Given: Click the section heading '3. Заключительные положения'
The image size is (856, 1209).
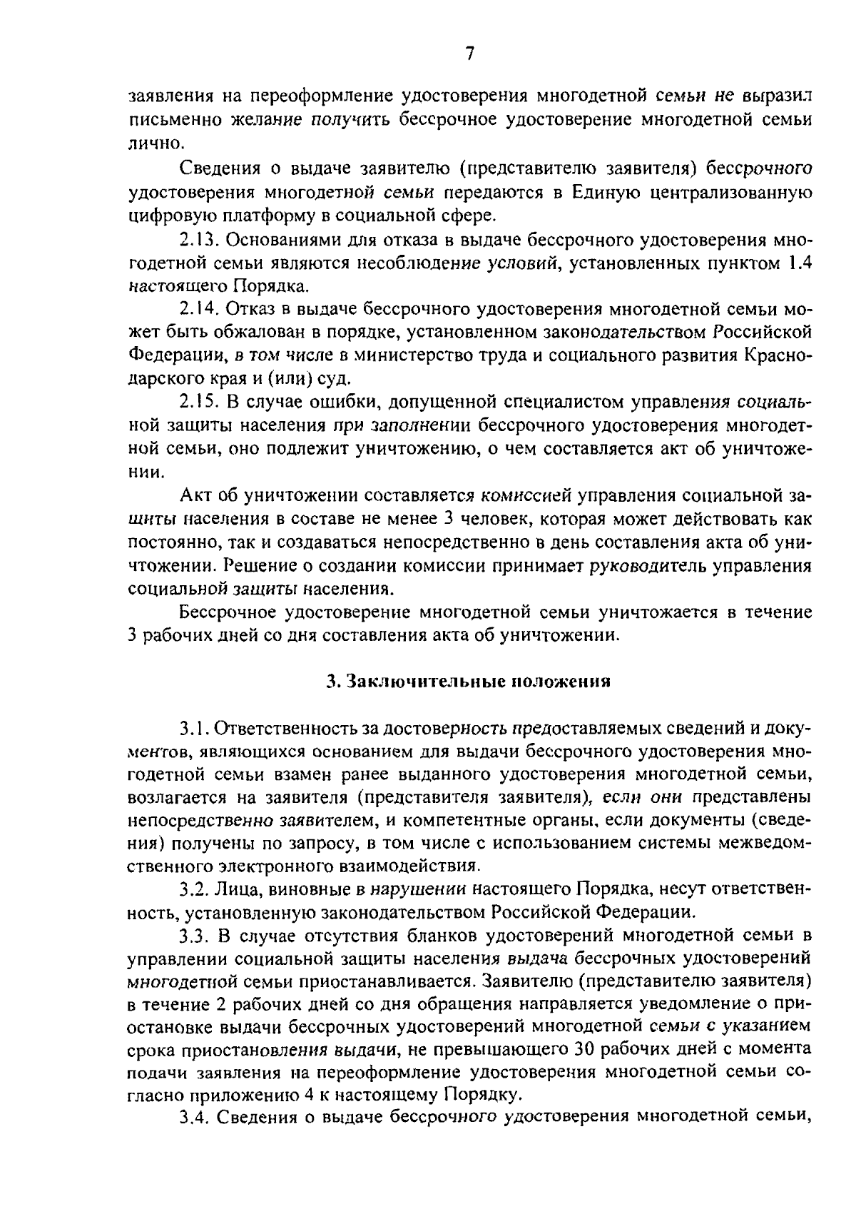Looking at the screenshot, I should [x=469, y=681].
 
